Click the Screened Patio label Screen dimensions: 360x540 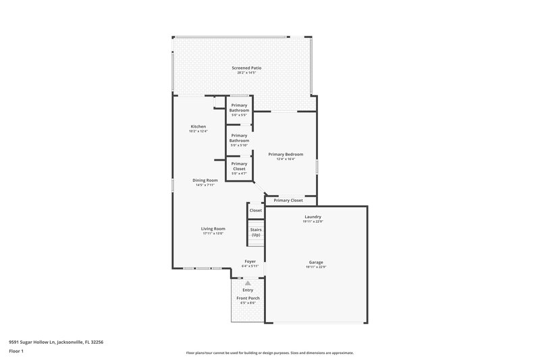(246, 68)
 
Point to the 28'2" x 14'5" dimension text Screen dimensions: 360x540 (246, 73)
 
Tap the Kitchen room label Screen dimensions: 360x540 (198, 126)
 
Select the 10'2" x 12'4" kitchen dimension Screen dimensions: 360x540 (198, 131)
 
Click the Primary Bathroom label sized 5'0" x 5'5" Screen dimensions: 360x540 (240, 107)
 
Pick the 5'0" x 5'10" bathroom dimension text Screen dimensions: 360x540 (240, 145)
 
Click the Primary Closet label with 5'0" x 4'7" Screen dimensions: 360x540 (240, 166)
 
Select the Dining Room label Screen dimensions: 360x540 (205, 180)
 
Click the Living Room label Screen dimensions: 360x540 (213, 229)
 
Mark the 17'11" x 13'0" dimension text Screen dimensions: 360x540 (213, 234)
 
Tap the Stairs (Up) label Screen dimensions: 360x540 (256, 232)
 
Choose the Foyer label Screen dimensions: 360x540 (250, 261)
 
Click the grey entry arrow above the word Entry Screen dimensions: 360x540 (248, 283)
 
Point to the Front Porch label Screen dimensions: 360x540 (248, 298)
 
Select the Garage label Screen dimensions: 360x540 (316, 262)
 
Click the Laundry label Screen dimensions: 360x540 (313, 217)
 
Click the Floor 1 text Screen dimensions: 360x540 (16, 351)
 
